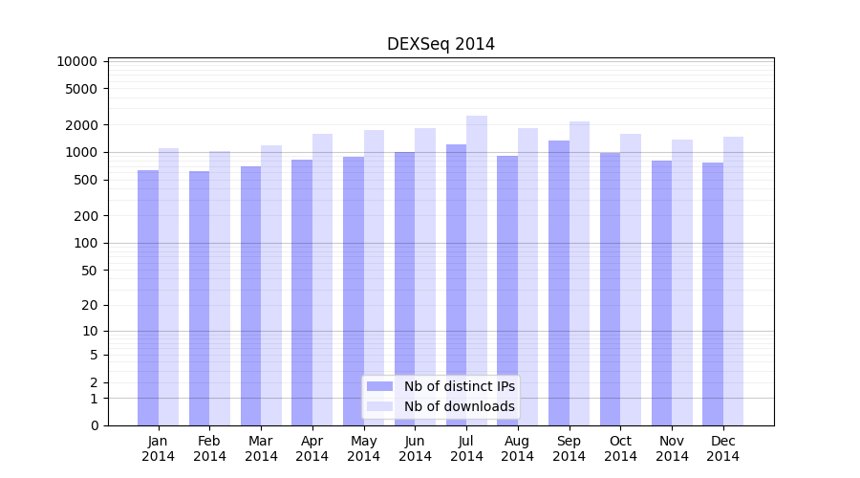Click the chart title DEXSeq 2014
[441, 44]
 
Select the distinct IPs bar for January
[148, 297]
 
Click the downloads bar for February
[220, 288]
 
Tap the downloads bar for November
[682, 282]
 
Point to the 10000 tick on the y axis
[77, 61]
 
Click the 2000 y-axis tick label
[81, 125]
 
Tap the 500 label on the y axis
[85, 180]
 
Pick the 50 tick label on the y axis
[89, 271]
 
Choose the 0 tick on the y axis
[94, 425]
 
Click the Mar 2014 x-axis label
[261, 448]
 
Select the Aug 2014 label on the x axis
[518, 448]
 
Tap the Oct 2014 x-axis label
[620, 448]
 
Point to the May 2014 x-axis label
[364, 448]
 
